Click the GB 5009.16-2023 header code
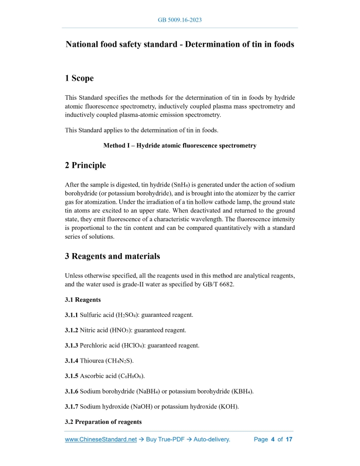click(179, 20)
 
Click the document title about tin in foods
click(179, 44)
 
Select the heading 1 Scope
click(79, 79)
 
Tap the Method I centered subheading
click(179, 146)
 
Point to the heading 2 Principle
click(85, 165)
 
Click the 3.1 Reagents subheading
click(83, 299)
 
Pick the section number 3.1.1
click(71, 314)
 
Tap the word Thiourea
click(94, 361)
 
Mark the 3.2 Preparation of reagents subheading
click(103, 422)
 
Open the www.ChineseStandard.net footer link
click(101, 440)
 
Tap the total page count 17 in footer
click(289, 440)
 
